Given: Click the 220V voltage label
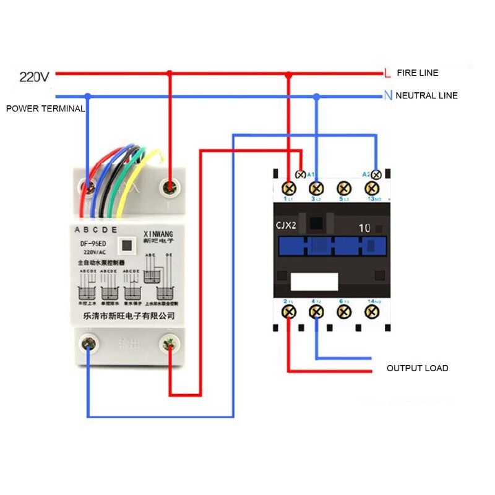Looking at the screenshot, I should point(34,77).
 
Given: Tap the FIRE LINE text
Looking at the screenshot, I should point(417,73).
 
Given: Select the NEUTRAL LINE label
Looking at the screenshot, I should point(426,95).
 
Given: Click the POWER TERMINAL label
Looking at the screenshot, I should point(45,108).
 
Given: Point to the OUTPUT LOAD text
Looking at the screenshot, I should point(417,368).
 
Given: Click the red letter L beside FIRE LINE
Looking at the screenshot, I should point(387,73).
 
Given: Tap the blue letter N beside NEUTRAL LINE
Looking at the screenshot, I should point(388,95).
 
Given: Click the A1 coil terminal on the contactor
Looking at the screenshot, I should point(301,174).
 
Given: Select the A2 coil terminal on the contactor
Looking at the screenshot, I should point(374,174).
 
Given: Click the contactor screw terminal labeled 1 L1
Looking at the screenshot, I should point(288,187).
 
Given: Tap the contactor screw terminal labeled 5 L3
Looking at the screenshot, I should point(343,187).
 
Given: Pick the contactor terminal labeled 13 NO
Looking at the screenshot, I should point(371,187).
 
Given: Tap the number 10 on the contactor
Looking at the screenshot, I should point(364,228).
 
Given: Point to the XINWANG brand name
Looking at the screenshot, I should point(158,234).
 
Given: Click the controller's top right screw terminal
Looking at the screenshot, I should point(168,186).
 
